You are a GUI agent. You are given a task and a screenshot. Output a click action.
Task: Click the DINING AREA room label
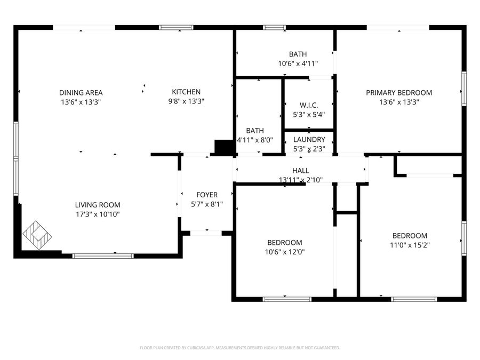(81, 92)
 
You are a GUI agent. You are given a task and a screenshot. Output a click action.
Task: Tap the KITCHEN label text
(186, 92)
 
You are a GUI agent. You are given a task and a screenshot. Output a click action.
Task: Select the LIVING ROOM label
(97, 205)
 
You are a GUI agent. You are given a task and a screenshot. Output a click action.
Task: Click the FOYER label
(206, 195)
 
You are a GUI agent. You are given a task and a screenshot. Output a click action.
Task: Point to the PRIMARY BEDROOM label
(399, 92)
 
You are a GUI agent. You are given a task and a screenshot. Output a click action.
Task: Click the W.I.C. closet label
(309, 105)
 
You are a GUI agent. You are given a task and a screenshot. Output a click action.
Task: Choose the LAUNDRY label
(309, 140)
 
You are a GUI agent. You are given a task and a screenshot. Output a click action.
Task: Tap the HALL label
(301, 171)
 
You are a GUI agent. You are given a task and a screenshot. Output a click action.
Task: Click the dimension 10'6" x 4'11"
(298, 63)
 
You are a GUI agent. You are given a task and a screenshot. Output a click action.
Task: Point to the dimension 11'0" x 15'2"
(410, 245)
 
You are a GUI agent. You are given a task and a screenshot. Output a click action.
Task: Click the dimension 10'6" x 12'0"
(285, 252)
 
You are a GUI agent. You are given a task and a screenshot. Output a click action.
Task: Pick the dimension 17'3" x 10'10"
(97, 214)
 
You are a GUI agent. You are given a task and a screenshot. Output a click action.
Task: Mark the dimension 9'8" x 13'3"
(186, 101)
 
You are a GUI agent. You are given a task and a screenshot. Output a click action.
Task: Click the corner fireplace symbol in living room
(37, 235)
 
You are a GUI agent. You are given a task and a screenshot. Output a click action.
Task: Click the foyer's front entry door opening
(206, 233)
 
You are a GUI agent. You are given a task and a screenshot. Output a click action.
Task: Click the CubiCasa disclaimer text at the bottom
(239, 348)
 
